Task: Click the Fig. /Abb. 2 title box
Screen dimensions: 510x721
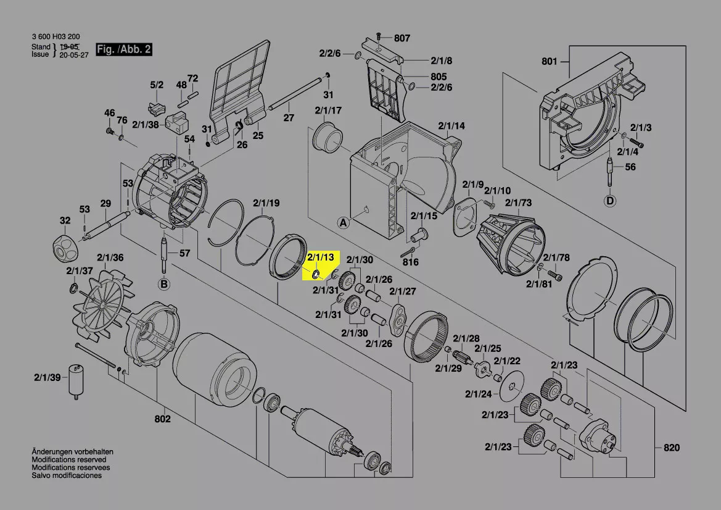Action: (123, 49)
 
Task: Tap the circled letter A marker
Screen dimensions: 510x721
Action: (342, 222)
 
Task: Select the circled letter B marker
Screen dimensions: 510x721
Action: (164, 284)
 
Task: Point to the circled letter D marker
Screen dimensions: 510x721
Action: (610, 201)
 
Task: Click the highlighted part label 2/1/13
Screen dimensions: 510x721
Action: (321, 257)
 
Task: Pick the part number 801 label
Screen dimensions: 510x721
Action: (549, 61)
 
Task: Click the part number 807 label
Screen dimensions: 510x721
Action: (402, 38)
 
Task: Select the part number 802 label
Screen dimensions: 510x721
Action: (162, 419)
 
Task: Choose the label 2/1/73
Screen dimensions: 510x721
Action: (518, 203)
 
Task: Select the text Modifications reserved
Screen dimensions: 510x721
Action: (69, 460)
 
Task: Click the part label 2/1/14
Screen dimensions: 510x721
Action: (451, 126)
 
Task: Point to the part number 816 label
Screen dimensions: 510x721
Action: (410, 262)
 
